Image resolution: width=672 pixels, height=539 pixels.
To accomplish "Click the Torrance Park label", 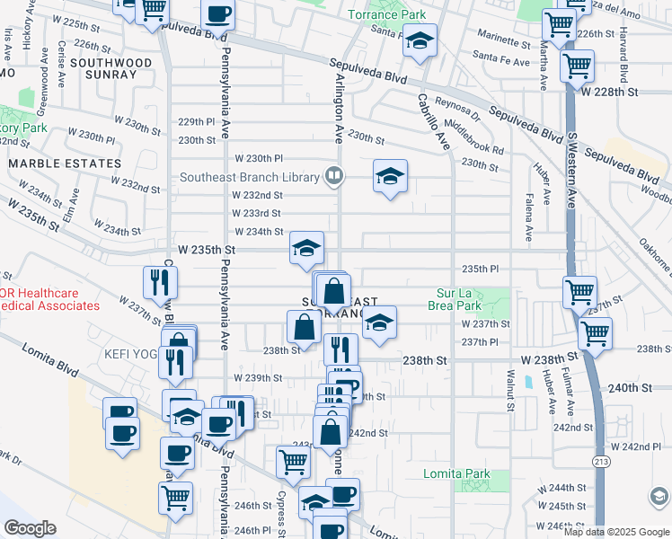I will pyautogui.click(x=386, y=14).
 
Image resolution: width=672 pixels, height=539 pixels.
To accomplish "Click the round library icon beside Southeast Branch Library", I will pyautogui.click(x=334, y=176).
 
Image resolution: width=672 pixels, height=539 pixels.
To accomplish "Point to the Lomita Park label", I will pyautogui.click(x=457, y=473).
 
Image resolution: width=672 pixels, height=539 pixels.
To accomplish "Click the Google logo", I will pyautogui.click(x=29, y=528).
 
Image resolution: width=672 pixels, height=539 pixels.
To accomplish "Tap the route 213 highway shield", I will pyautogui.click(x=598, y=461).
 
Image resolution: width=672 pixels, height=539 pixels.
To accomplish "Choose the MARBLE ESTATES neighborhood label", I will pyautogui.click(x=65, y=163).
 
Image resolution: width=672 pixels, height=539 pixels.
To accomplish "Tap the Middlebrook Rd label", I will pyautogui.click(x=473, y=137).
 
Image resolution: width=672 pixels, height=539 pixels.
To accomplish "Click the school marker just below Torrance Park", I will pyautogui.click(x=419, y=41).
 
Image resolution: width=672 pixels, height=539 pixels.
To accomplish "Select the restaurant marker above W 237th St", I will pyautogui.click(x=157, y=283).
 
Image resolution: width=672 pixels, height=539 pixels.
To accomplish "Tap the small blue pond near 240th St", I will pyautogui.click(x=529, y=382).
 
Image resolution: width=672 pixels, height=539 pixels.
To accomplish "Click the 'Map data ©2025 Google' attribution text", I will pyautogui.click(x=616, y=531).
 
